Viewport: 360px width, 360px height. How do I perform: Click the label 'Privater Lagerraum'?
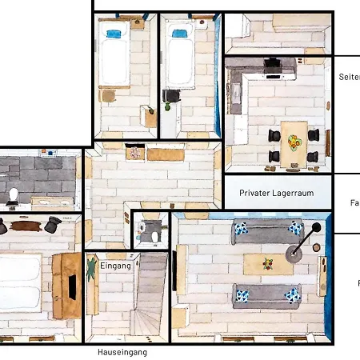(275, 193)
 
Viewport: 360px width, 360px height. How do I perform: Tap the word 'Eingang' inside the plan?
(115, 266)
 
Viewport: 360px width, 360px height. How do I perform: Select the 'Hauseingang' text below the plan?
(122, 352)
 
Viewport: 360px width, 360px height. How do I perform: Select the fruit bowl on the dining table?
(295, 143)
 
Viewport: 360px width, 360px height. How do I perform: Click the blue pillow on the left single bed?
(114, 34)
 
